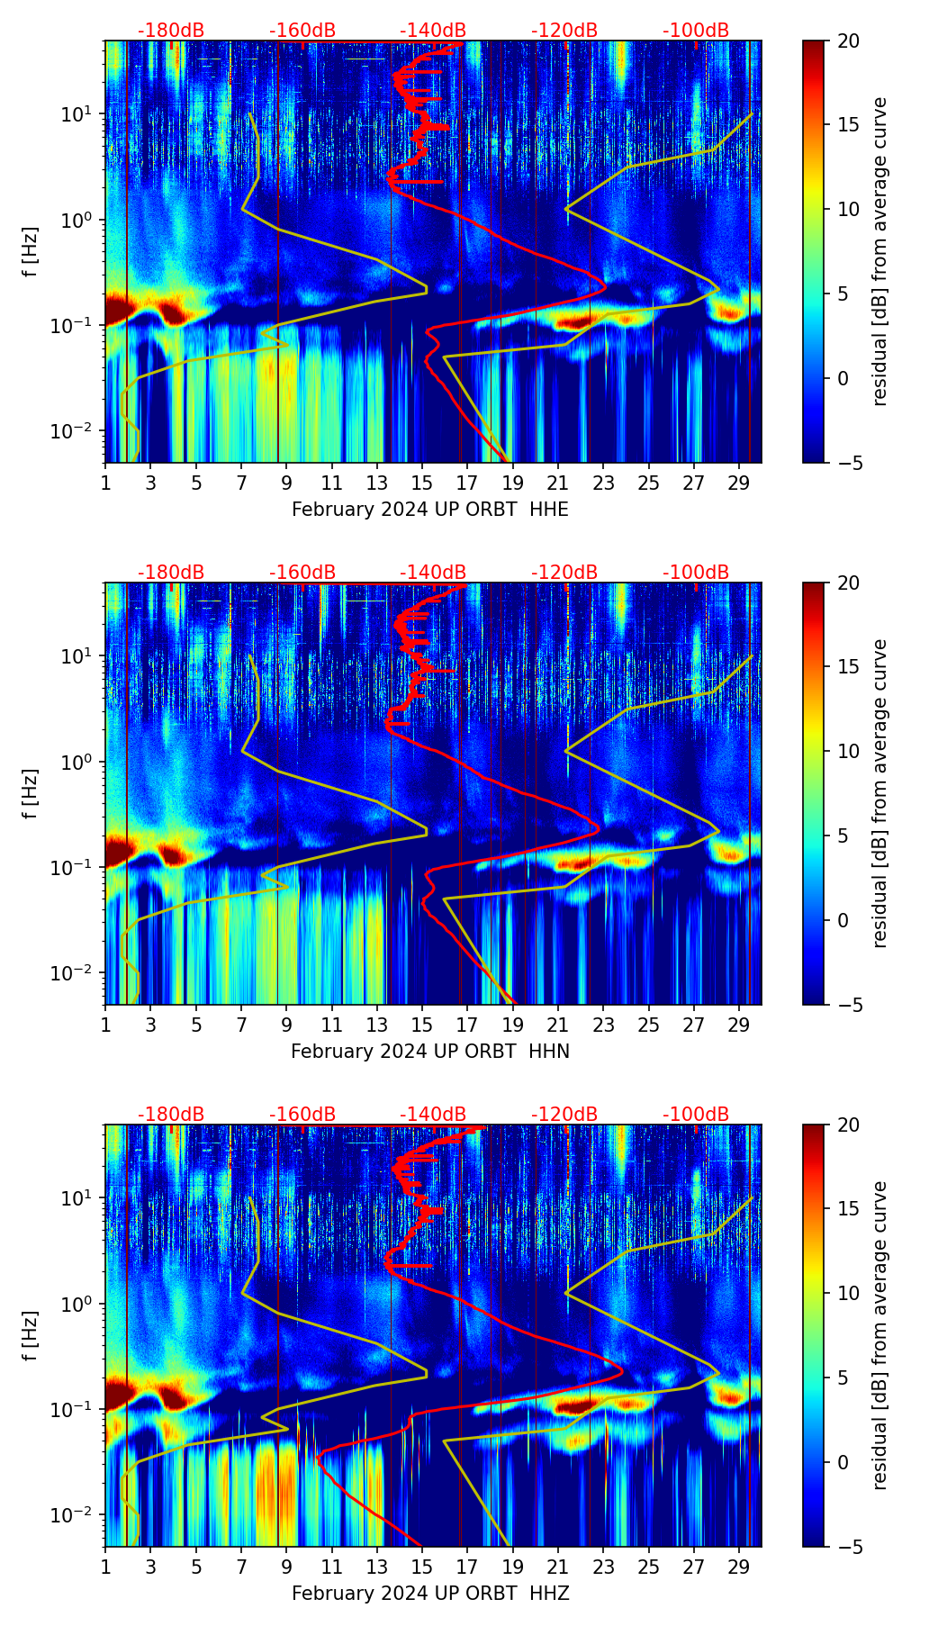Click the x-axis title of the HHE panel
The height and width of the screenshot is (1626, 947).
430,510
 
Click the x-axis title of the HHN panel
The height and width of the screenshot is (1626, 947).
430,1052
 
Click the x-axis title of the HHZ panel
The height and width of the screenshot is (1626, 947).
430,1594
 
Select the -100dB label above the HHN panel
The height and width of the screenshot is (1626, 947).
696,573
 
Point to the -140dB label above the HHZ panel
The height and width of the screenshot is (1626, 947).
433,1115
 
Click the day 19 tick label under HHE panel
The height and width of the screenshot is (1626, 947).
512,483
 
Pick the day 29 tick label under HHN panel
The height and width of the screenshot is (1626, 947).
739,1025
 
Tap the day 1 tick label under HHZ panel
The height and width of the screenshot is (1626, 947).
105,1567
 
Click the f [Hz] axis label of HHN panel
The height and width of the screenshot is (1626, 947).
31,793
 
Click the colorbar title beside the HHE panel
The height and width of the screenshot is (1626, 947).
879,251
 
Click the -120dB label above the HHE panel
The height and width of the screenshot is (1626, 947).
564,31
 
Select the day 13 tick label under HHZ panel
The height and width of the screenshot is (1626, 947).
376,1567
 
